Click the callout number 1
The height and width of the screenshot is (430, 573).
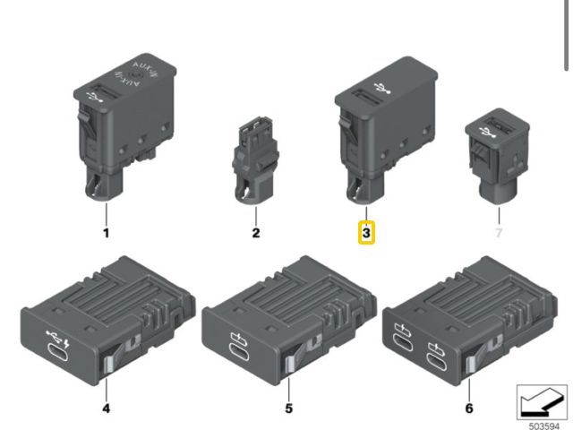(107, 233)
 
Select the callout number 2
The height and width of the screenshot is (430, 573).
(256, 233)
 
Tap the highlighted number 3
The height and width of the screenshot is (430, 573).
(366, 233)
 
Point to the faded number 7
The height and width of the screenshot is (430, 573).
(499, 233)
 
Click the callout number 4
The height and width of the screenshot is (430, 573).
(106, 408)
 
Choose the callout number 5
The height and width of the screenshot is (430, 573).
(288, 408)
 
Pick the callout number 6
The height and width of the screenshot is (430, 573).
(469, 408)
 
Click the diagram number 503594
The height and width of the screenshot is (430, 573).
(544, 426)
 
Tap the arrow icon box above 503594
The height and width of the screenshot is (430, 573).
(542, 402)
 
